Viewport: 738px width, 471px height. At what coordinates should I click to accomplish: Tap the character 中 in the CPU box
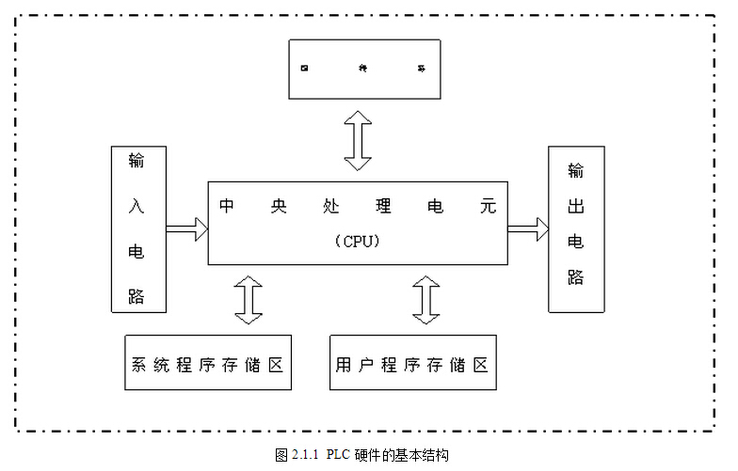227,206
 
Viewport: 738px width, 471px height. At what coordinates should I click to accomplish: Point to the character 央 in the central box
280,206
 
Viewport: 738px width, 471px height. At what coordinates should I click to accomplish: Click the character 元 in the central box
487,206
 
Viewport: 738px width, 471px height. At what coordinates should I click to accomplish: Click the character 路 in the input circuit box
137,296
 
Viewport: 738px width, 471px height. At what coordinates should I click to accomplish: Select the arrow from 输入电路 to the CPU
186,228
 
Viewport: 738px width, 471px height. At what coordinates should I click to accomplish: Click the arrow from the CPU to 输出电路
527,228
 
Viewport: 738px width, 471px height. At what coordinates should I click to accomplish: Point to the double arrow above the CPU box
358,140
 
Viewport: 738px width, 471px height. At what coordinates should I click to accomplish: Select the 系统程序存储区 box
208,363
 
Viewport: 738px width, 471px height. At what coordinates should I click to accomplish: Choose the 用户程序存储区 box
413,363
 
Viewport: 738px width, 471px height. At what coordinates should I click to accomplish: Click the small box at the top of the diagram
364,69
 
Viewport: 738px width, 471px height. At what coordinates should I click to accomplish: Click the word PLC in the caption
338,456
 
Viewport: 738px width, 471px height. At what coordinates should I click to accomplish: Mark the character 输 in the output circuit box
575,172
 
